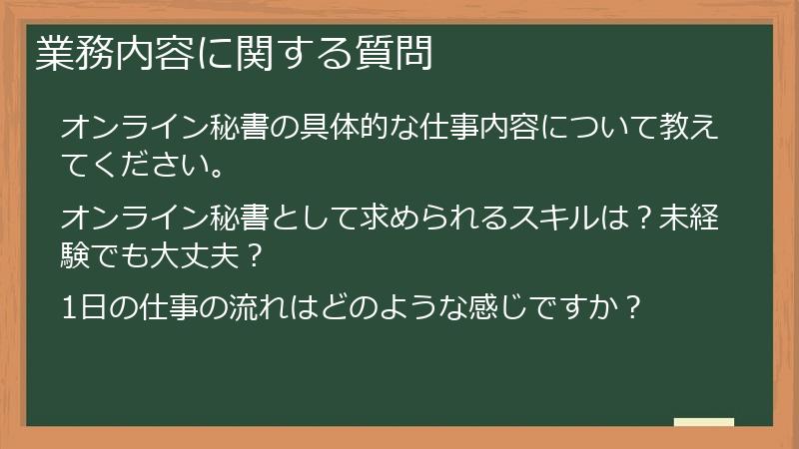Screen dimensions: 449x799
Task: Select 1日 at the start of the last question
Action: point(82,307)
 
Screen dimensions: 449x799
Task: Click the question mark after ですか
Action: point(630,307)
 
